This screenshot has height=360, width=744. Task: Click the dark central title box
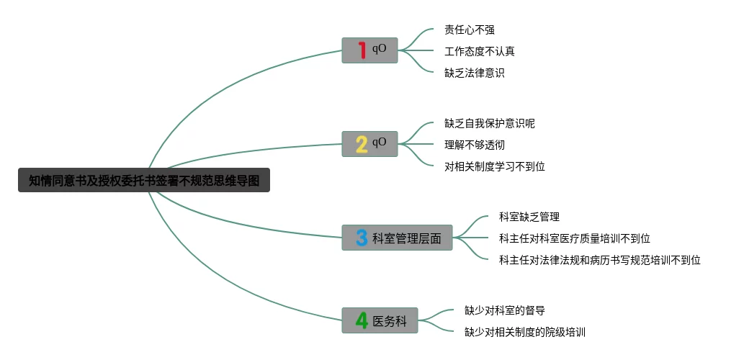(x=144, y=180)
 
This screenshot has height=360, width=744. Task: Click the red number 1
(x=362, y=50)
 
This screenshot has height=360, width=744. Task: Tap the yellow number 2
(x=362, y=144)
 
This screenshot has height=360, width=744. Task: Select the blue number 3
(x=362, y=238)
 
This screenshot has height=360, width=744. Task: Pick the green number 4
(x=362, y=320)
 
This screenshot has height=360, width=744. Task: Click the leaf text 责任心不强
(x=470, y=30)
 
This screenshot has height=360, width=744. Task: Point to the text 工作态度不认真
(x=480, y=51)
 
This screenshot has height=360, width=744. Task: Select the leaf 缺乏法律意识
(x=475, y=73)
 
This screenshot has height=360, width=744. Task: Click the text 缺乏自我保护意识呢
(x=490, y=123)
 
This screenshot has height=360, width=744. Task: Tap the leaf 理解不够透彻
(x=475, y=145)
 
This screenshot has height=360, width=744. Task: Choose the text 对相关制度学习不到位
(x=495, y=166)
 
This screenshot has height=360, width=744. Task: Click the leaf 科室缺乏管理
(x=529, y=217)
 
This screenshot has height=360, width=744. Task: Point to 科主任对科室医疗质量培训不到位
(x=575, y=238)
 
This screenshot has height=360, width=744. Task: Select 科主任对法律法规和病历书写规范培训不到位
(x=600, y=260)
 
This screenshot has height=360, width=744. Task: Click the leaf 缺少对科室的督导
(x=505, y=310)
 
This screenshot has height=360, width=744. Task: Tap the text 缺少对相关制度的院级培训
(x=525, y=332)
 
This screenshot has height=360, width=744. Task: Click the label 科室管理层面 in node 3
(x=407, y=238)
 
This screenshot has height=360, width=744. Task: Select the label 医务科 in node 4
(x=390, y=321)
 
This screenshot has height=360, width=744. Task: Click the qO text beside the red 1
(x=380, y=48)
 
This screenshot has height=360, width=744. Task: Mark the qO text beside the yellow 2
(x=380, y=142)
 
